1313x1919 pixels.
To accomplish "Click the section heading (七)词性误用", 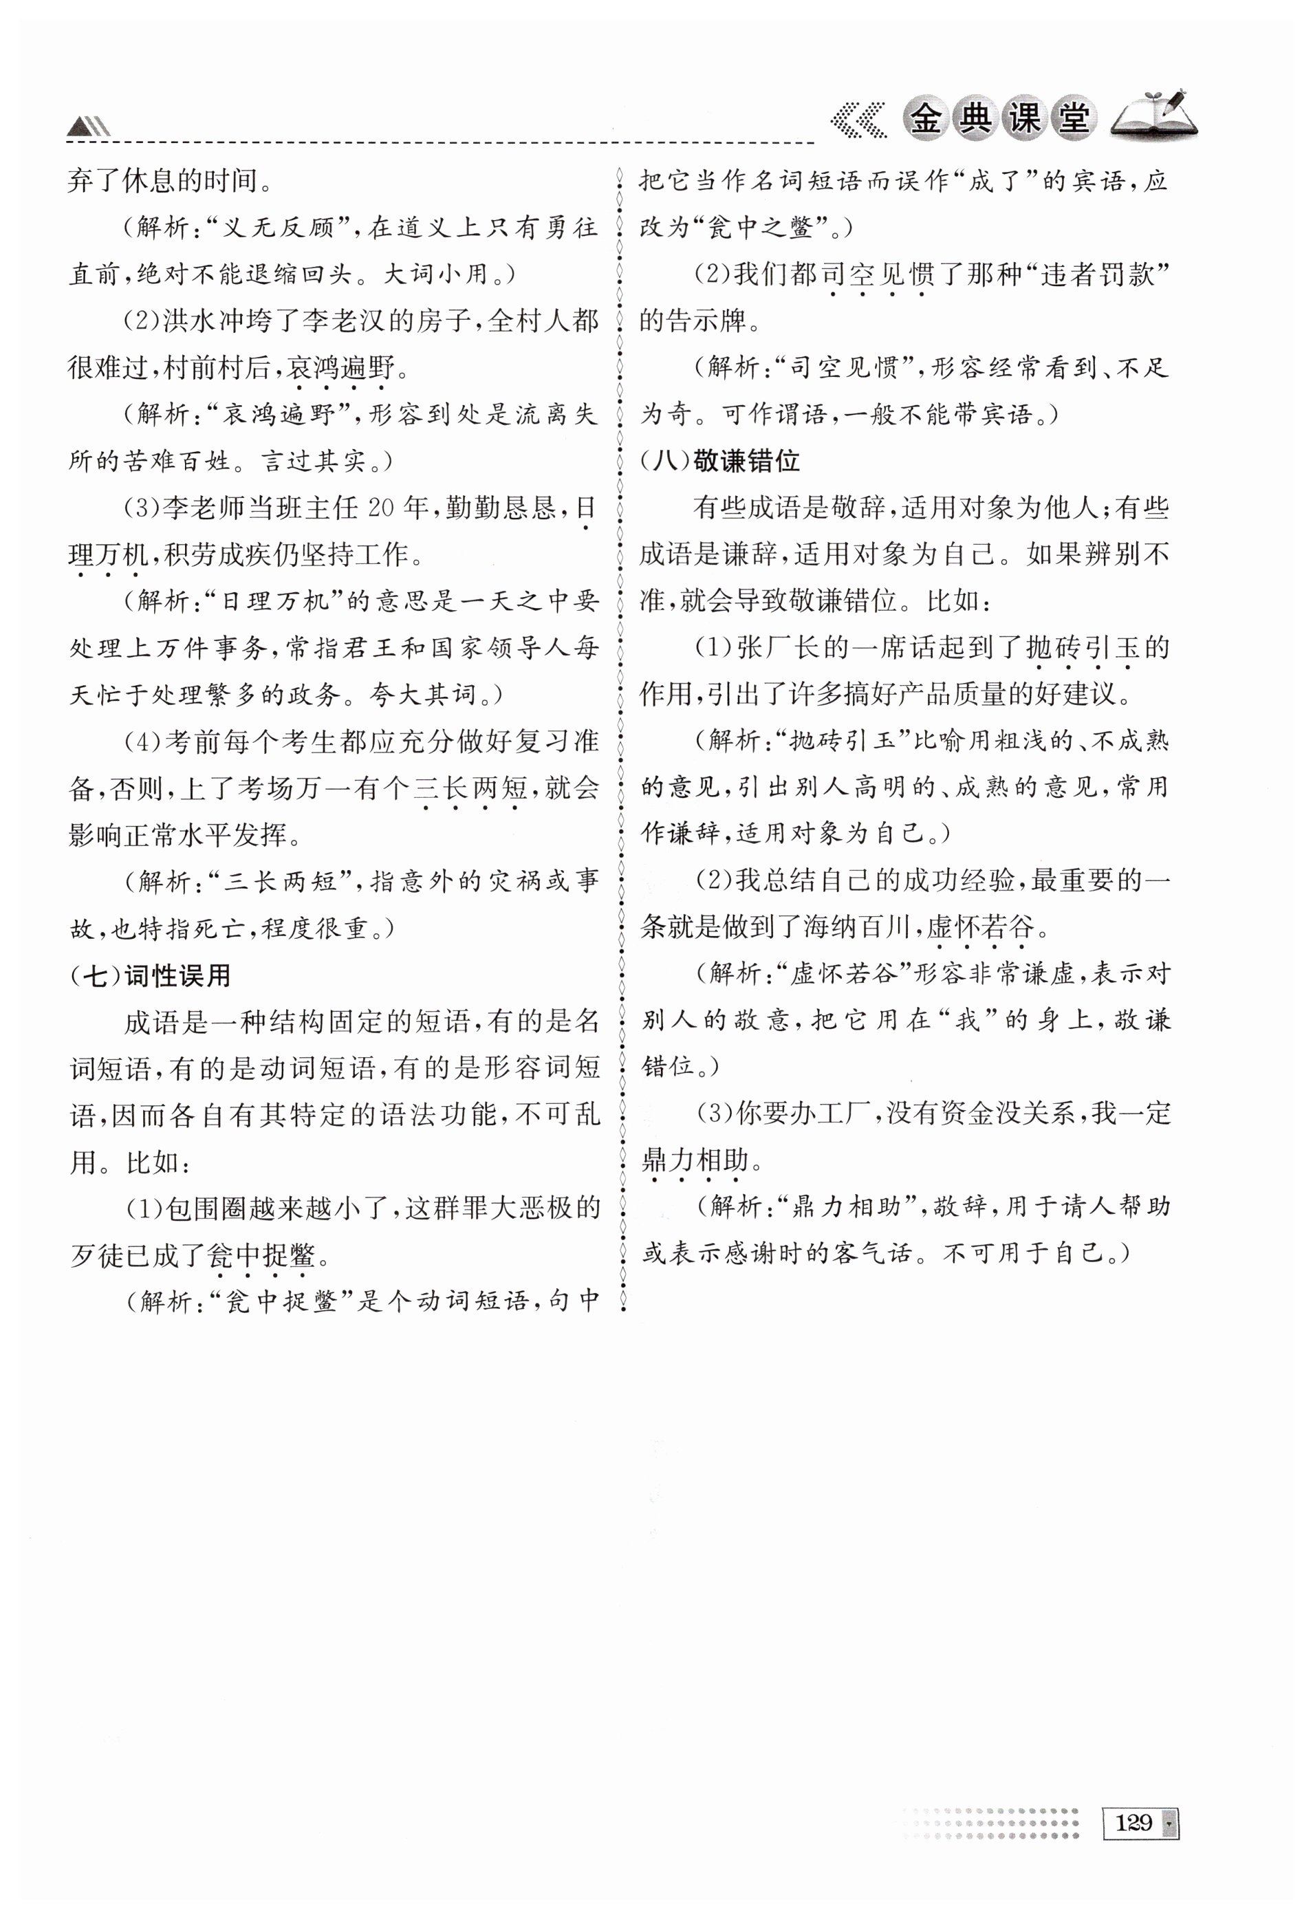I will [x=151, y=976].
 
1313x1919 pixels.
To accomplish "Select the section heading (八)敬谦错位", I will [x=719, y=461].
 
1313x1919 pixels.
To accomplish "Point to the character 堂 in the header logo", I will [x=1073, y=120].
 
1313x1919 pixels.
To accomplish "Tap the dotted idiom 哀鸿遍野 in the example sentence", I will [x=341, y=367].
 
